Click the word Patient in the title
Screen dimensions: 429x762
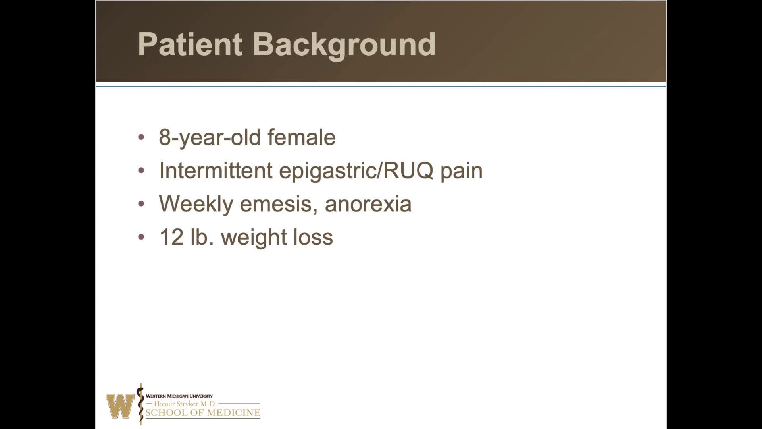click(190, 44)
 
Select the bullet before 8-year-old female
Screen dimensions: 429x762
click(141, 137)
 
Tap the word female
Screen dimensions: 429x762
click(302, 137)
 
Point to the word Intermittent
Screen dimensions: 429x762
click(216, 171)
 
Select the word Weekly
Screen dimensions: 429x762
click(196, 204)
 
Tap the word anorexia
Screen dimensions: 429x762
click(368, 204)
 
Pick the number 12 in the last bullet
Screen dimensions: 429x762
click(171, 237)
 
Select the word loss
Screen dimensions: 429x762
click(313, 237)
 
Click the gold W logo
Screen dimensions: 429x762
click(120, 406)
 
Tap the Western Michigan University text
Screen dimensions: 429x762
click(179, 396)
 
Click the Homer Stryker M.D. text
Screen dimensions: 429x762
click(185, 404)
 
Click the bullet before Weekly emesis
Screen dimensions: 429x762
click(141, 204)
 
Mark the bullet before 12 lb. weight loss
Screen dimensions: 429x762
click(141, 237)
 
